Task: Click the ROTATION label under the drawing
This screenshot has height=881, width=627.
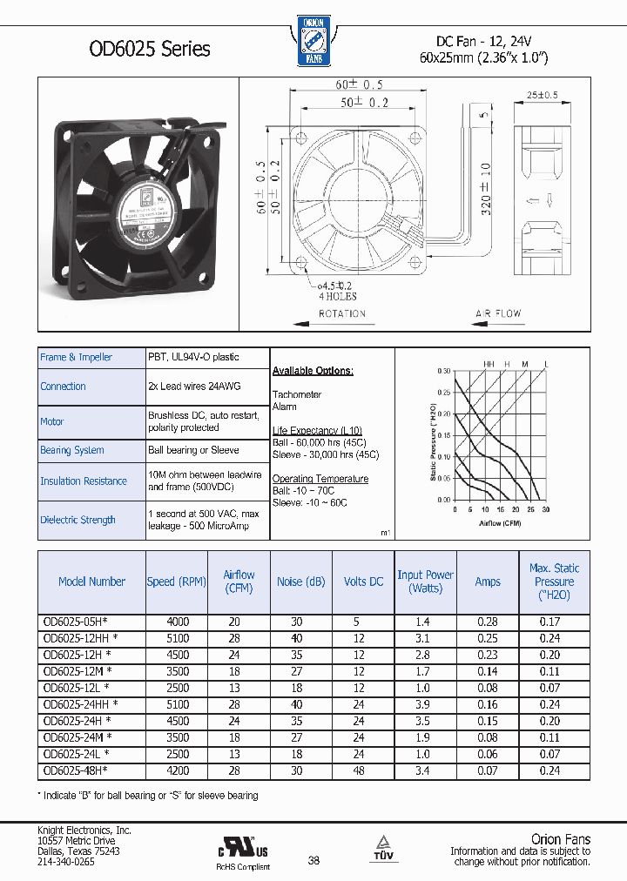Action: click(x=341, y=313)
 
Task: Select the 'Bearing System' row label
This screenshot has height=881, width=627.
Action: click(x=72, y=450)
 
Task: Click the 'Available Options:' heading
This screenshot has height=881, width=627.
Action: click(x=313, y=371)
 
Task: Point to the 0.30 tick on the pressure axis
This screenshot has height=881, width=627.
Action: click(x=444, y=371)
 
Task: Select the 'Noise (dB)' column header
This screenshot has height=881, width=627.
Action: click(x=300, y=582)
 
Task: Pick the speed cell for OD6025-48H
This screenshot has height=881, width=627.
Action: click(x=178, y=770)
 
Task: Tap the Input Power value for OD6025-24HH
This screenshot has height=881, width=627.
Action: click(x=423, y=704)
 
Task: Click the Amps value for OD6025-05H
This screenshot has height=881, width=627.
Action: click(x=487, y=622)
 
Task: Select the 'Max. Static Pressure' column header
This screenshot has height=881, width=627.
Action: click(x=554, y=582)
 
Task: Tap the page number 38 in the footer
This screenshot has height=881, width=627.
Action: click(x=314, y=860)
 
